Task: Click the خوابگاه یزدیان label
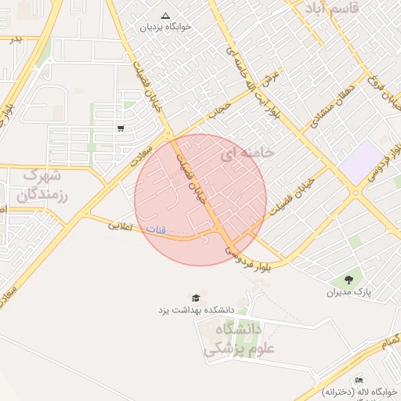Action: pyautogui.click(x=165, y=27)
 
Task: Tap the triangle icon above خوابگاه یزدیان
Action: pyautogui.click(x=165, y=15)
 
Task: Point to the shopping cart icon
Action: pyautogui.click(x=120, y=128)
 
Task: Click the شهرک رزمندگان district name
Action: pyautogui.click(x=42, y=184)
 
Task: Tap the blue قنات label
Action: pyautogui.click(x=157, y=229)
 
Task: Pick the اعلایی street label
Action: pyautogui.click(x=119, y=226)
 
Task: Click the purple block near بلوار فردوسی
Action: pyautogui.click(x=359, y=162)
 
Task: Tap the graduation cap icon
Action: pyautogui.click(x=195, y=298)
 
